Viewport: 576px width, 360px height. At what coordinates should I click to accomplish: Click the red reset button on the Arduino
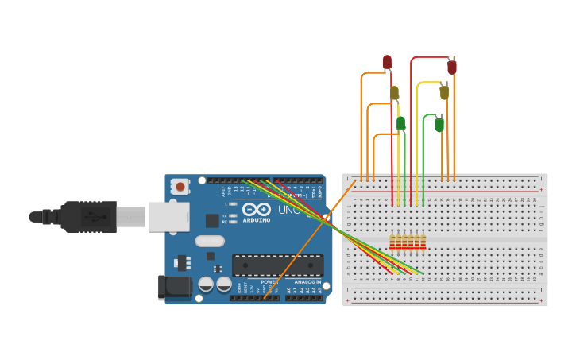tap(181, 188)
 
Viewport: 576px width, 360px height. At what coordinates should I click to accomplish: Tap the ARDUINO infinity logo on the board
tap(257, 210)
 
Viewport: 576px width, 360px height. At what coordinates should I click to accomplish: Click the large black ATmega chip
tap(277, 265)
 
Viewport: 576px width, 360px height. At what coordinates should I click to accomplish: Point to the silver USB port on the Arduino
tap(168, 216)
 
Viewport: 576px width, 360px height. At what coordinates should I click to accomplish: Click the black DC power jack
tap(174, 287)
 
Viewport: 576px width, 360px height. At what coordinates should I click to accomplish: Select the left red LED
tap(388, 61)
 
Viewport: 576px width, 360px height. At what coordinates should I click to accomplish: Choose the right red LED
tap(452, 67)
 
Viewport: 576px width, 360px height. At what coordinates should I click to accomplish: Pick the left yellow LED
tap(394, 93)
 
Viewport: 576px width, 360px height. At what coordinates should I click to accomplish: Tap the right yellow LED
tap(444, 92)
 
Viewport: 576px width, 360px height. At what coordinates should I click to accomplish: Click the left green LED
tap(401, 122)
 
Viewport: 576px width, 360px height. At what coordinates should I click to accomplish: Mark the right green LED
tap(439, 124)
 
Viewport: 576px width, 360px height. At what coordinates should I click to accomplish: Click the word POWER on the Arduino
tap(269, 282)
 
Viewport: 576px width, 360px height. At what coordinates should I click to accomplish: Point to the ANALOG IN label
tap(307, 282)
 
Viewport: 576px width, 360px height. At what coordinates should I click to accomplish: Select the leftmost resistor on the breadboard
tap(392, 242)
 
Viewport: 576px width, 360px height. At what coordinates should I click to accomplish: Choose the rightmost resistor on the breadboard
tap(423, 242)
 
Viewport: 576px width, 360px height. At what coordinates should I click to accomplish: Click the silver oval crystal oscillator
tap(210, 241)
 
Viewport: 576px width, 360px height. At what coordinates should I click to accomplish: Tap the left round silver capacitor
tap(206, 283)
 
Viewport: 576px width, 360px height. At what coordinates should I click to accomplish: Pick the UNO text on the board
tap(287, 210)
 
